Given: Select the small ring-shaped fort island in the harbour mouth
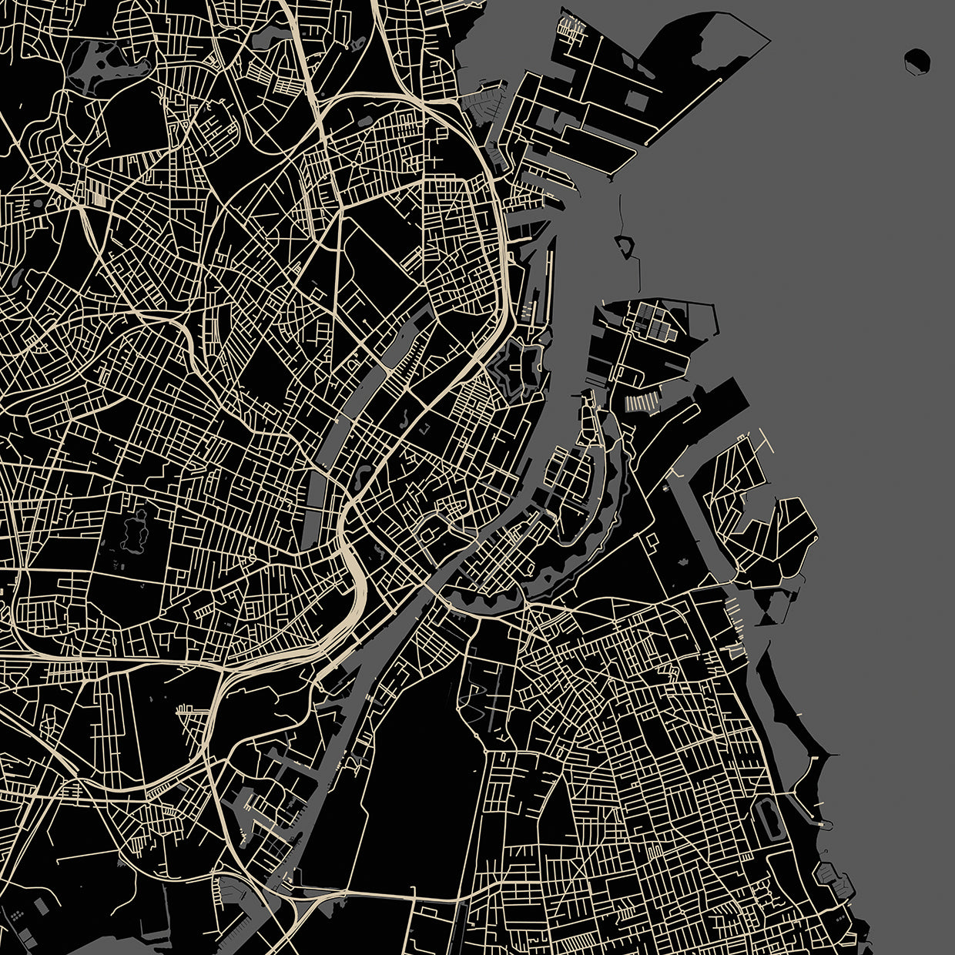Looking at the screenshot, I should pos(623,246).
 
